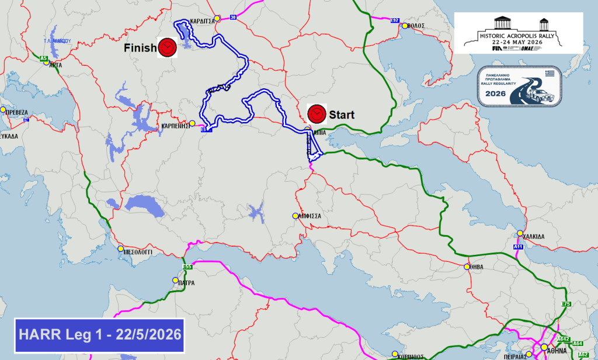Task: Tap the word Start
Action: point(342,115)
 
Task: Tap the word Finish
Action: point(140,48)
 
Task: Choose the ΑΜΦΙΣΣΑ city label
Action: point(310,216)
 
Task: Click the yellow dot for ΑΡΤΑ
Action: point(46,63)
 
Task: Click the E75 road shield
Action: point(565,304)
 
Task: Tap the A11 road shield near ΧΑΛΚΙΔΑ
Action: point(518,247)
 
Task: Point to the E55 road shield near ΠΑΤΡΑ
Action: point(187,268)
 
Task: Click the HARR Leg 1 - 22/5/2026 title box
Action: point(99,335)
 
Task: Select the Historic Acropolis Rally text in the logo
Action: point(518,34)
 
